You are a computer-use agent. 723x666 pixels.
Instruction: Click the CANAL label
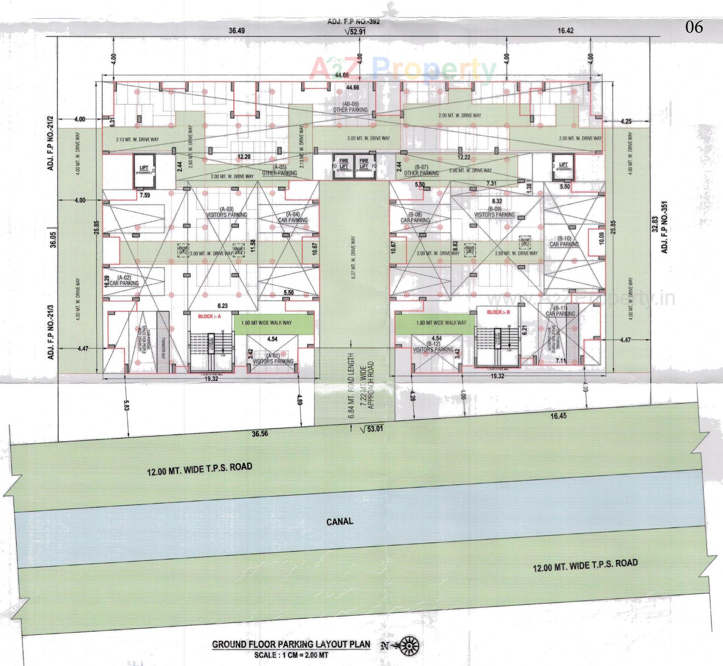tap(339, 521)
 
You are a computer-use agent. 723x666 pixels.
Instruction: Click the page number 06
tap(694, 27)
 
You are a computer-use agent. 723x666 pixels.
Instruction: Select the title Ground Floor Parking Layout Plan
tap(291, 644)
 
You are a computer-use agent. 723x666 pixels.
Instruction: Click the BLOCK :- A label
tap(209, 316)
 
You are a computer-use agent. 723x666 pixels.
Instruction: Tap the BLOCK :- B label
tap(498, 312)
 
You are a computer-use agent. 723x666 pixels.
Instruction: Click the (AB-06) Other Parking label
tap(350, 107)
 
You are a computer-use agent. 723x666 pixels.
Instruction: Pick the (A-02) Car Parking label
tap(124, 280)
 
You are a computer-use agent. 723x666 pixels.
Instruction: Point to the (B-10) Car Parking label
tap(564, 241)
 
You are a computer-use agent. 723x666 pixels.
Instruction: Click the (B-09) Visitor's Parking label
tap(494, 212)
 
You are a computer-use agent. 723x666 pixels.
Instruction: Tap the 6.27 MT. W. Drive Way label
tap(353, 258)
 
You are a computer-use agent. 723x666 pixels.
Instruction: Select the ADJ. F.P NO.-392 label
tap(353, 21)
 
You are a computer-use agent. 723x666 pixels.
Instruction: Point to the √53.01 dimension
tap(371, 429)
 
